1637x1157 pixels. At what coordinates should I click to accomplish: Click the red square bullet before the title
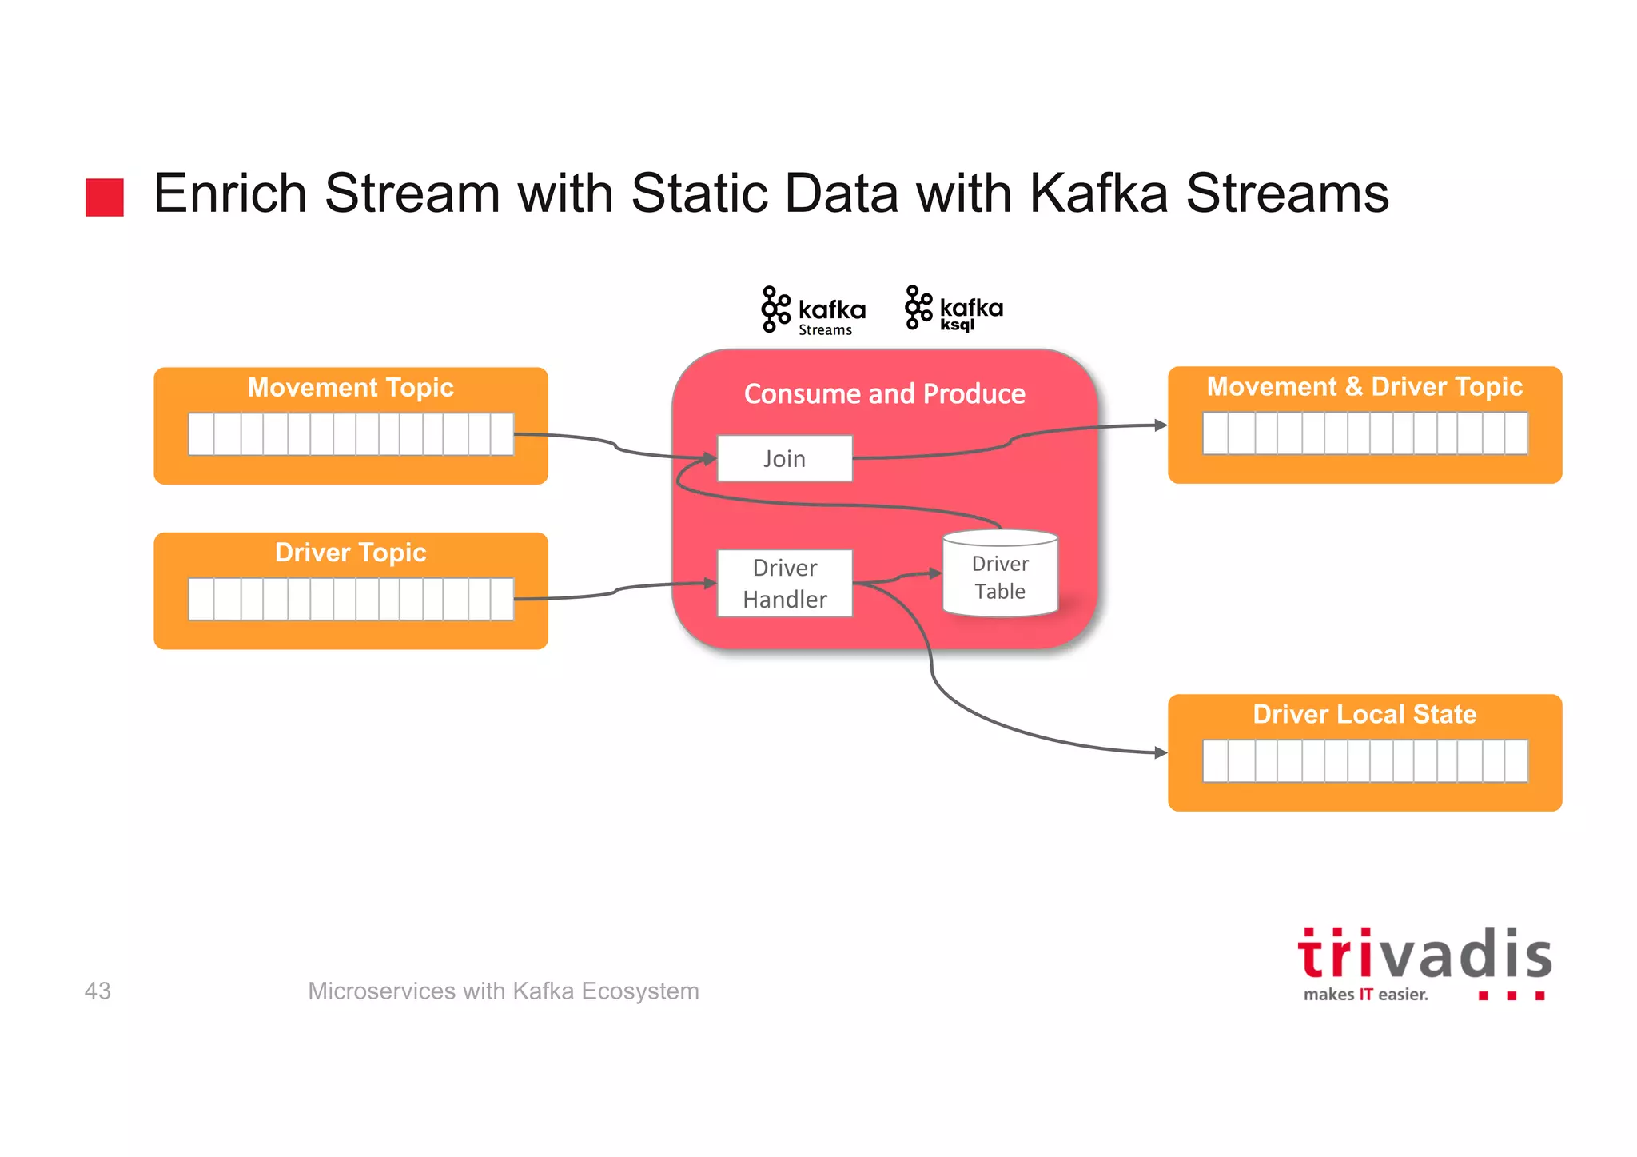(x=105, y=197)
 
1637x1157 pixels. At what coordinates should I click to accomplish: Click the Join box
(x=784, y=458)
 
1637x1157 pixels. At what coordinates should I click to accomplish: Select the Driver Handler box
(x=784, y=583)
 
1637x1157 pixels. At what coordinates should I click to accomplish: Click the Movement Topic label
(x=350, y=388)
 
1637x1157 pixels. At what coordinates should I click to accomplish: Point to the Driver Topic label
(x=350, y=553)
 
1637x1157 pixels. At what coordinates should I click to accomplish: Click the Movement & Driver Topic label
(x=1364, y=387)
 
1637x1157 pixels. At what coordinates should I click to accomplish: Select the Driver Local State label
(x=1364, y=714)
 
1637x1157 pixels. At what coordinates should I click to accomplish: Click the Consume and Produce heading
(x=884, y=393)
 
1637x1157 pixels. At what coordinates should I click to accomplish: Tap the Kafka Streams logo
(x=813, y=311)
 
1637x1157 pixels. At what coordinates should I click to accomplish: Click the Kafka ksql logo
(x=954, y=309)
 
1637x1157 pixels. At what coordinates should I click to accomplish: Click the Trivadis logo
(x=1424, y=964)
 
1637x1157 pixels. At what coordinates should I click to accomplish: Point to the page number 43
(x=98, y=991)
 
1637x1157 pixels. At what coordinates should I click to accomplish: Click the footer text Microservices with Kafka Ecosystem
(x=503, y=991)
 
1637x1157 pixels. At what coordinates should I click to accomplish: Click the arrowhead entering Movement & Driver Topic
(x=1161, y=425)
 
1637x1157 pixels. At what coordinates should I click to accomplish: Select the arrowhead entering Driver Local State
(x=1161, y=752)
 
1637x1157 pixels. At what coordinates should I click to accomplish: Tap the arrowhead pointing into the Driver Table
(x=935, y=573)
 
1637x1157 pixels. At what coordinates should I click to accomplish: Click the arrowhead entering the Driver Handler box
(x=710, y=584)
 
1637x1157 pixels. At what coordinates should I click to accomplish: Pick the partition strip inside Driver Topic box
(x=350, y=599)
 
